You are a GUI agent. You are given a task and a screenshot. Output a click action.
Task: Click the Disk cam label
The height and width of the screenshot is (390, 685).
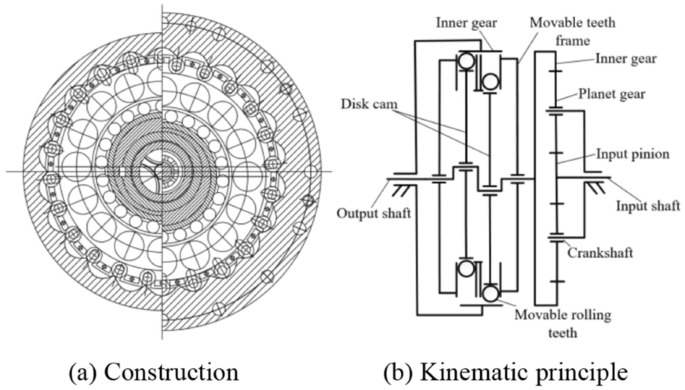point(369,104)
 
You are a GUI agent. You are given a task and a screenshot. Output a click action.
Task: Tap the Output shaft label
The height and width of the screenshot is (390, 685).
point(374,213)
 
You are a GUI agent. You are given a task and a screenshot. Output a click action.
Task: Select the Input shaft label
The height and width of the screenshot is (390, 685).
point(648,205)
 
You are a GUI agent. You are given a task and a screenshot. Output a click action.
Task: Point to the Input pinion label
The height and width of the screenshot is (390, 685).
point(633,154)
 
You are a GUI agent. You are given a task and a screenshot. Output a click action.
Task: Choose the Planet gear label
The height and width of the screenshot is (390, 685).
point(612,94)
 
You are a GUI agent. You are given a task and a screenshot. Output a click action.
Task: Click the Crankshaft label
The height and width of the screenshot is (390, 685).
point(600,252)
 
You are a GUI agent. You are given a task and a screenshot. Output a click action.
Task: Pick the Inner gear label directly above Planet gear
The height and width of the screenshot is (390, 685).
point(626,59)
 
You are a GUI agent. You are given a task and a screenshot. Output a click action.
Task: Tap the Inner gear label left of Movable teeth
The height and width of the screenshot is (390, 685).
point(466,23)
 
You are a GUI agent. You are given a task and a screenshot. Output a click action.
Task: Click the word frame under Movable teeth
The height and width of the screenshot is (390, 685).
point(572,41)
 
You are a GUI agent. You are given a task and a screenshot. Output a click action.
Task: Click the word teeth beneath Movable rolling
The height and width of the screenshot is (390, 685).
point(563,333)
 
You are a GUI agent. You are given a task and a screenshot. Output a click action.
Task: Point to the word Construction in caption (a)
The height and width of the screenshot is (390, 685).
point(171,372)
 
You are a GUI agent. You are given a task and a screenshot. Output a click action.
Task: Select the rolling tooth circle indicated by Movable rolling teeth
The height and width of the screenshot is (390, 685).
point(491,293)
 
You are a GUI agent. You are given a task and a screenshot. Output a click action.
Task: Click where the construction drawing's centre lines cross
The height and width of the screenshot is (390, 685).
point(162,171)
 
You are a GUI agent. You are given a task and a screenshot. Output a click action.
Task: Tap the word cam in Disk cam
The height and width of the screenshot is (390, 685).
point(387,105)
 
